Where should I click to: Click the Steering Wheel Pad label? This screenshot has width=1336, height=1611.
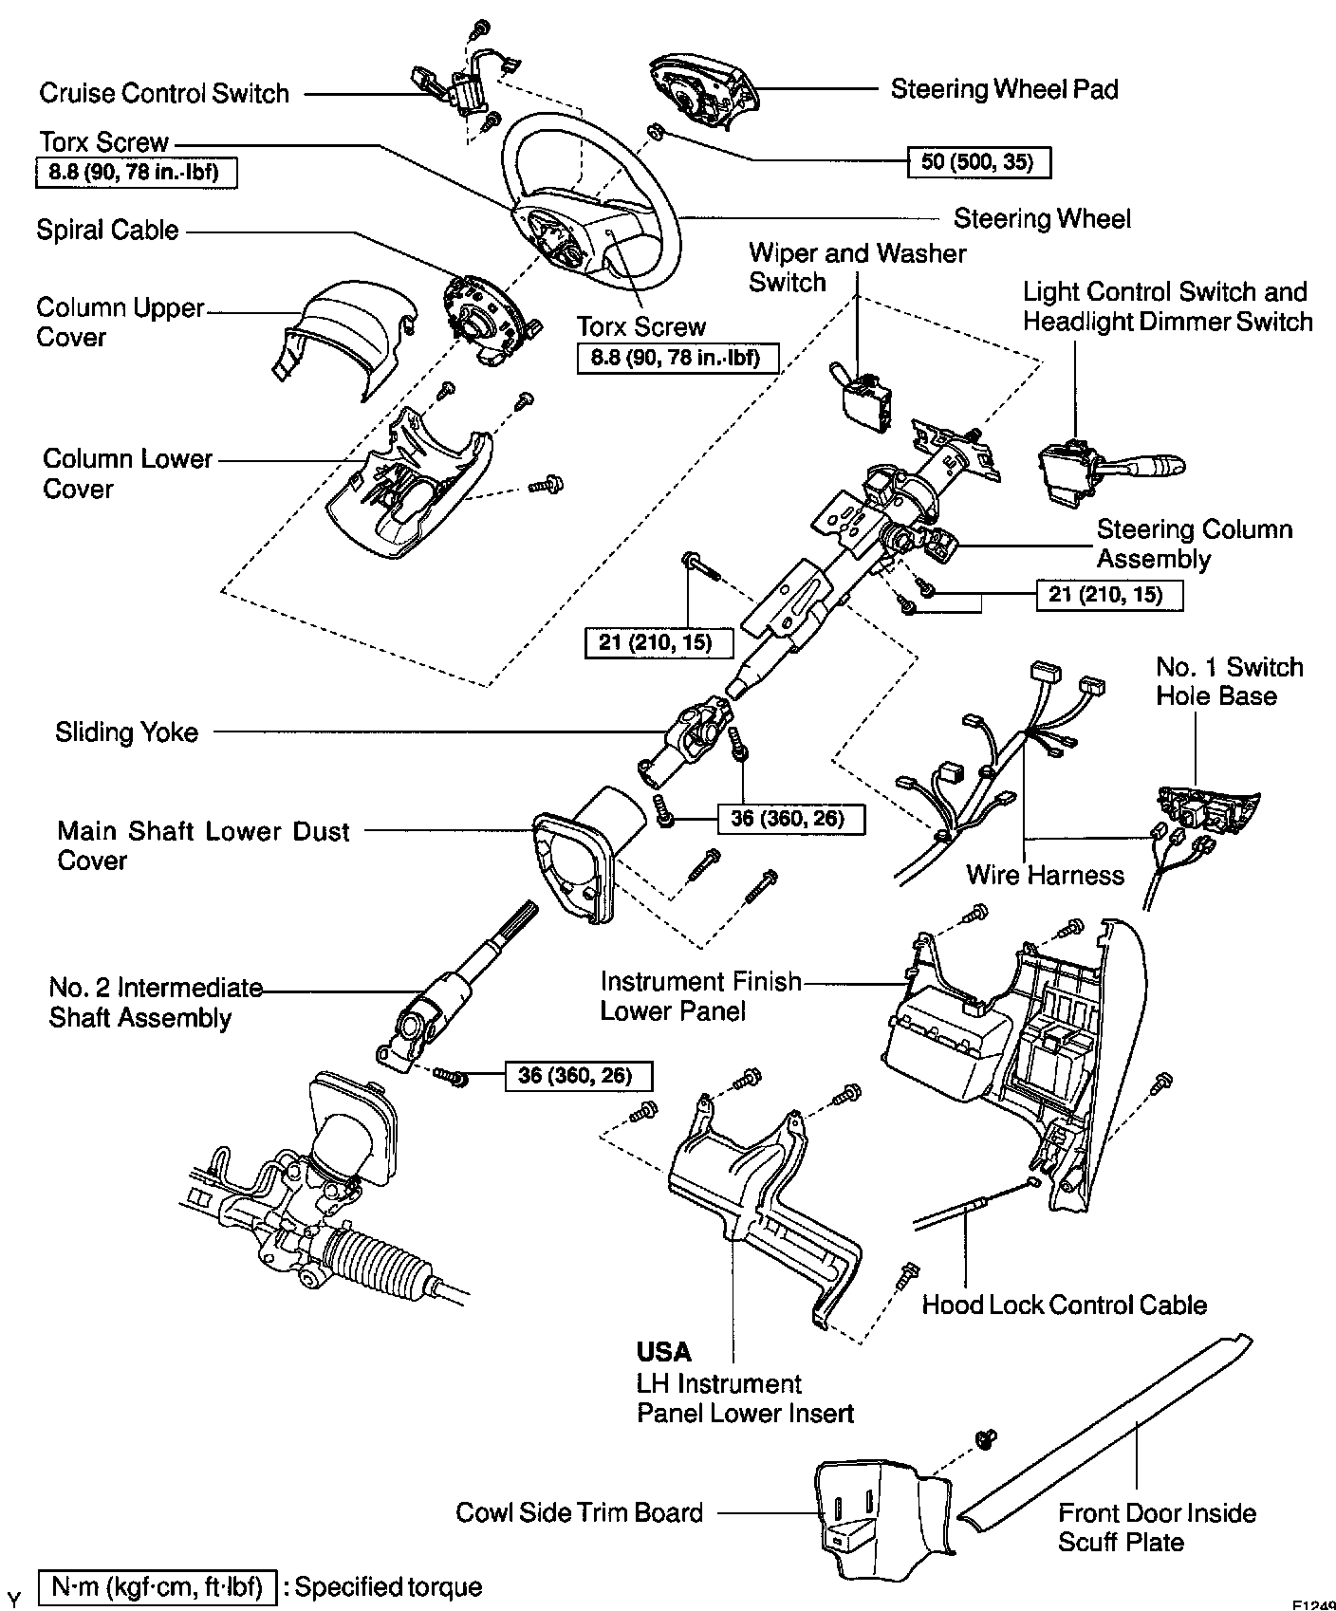[x=1004, y=89]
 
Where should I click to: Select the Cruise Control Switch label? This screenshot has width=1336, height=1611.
[x=164, y=93]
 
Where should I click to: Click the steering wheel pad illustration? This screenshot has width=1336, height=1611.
[x=701, y=89]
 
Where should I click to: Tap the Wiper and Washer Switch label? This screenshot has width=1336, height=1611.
[x=857, y=268]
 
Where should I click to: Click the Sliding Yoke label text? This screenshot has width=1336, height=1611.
[x=126, y=732]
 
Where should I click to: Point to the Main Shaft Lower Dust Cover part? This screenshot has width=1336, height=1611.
[x=579, y=854]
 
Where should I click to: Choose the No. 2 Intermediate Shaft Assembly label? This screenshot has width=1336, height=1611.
[x=156, y=1003]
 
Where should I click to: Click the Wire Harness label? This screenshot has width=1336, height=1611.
[x=1045, y=875]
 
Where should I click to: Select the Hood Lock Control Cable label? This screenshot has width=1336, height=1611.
[x=1064, y=1305]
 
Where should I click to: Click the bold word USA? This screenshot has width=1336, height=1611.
[x=663, y=1352]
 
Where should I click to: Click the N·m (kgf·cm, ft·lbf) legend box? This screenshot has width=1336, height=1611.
[x=157, y=1586]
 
